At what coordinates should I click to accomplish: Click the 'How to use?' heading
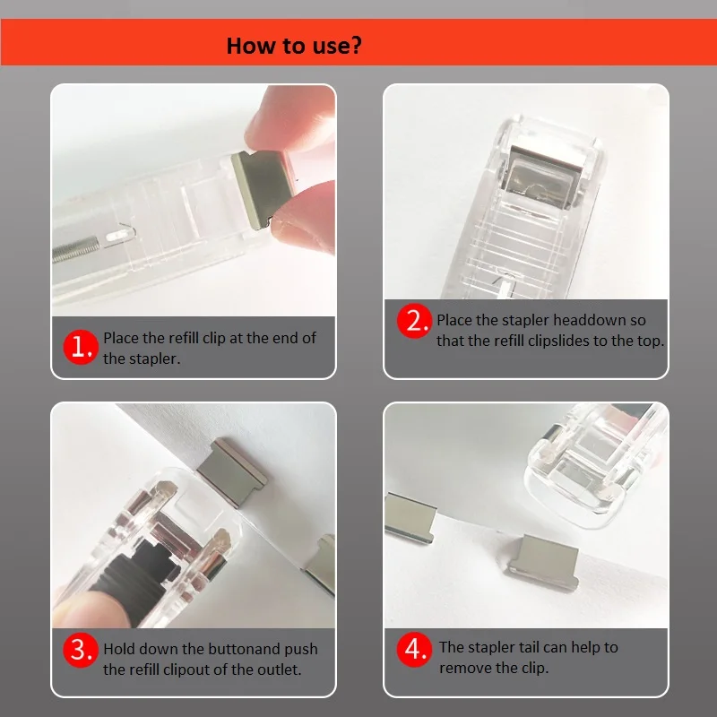[293, 46]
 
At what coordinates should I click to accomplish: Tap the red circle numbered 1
[82, 348]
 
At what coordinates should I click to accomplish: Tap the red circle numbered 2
[415, 321]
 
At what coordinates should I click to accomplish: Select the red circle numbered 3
[82, 648]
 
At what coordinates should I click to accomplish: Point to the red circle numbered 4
[415, 648]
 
